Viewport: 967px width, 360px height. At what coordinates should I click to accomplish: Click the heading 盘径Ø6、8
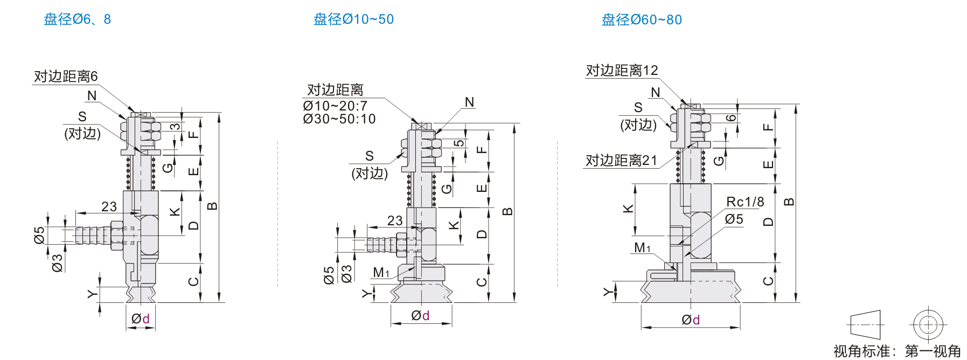click(x=77, y=19)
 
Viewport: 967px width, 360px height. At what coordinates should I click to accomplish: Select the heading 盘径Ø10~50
click(x=353, y=19)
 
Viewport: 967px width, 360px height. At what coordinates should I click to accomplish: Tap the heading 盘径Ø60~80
click(x=642, y=20)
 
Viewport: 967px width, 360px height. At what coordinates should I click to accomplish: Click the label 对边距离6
click(x=66, y=77)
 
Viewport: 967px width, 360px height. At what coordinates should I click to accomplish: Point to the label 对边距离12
click(x=622, y=71)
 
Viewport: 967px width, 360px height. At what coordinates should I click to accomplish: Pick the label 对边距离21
click(x=621, y=161)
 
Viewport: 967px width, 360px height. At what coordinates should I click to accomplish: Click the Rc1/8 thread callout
click(x=745, y=202)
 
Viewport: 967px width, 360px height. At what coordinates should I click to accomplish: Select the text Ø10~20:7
click(x=335, y=106)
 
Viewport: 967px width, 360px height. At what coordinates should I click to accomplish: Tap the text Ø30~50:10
click(x=339, y=119)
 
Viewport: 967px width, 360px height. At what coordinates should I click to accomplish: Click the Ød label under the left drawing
click(x=141, y=319)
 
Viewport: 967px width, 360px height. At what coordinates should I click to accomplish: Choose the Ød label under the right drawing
click(x=691, y=320)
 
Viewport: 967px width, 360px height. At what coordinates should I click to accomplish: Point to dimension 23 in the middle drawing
click(x=395, y=220)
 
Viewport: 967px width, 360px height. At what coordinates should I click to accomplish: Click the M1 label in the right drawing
click(x=642, y=248)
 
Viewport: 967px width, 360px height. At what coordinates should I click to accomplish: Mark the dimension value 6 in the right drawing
click(x=731, y=118)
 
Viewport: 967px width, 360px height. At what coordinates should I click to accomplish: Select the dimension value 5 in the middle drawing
click(x=458, y=143)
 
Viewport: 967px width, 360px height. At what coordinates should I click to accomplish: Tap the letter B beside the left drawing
click(x=213, y=206)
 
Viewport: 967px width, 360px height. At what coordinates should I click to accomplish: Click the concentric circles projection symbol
click(x=928, y=325)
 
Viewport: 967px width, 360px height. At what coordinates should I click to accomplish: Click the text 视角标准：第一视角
click(x=897, y=351)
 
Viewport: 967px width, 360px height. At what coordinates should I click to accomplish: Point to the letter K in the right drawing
click(x=628, y=209)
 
